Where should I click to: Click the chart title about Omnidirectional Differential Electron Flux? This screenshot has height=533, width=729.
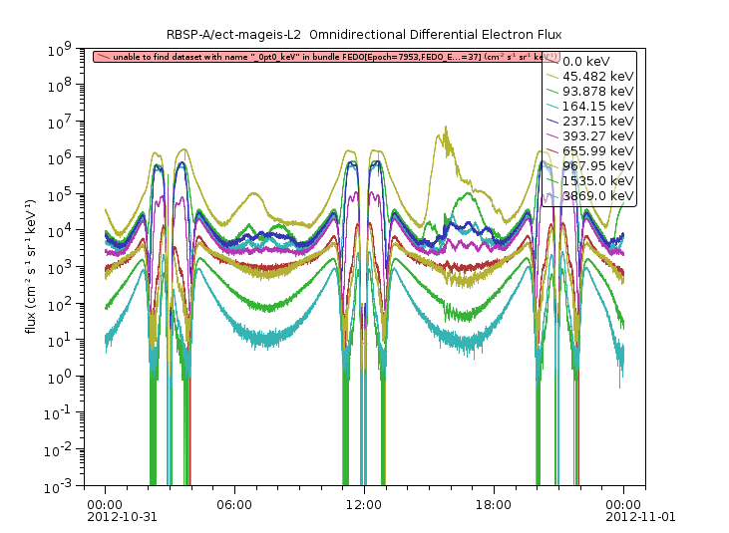pos(364,35)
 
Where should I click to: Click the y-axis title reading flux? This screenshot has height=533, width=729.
pos(32,266)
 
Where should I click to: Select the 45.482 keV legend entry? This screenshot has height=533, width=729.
pos(595,76)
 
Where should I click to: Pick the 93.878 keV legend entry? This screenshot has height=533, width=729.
pos(595,91)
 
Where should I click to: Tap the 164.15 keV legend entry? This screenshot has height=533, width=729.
pos(595,106)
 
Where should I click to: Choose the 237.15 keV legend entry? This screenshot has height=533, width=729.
pos(595,121)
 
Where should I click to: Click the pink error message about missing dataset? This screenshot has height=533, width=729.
pos(319,57)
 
